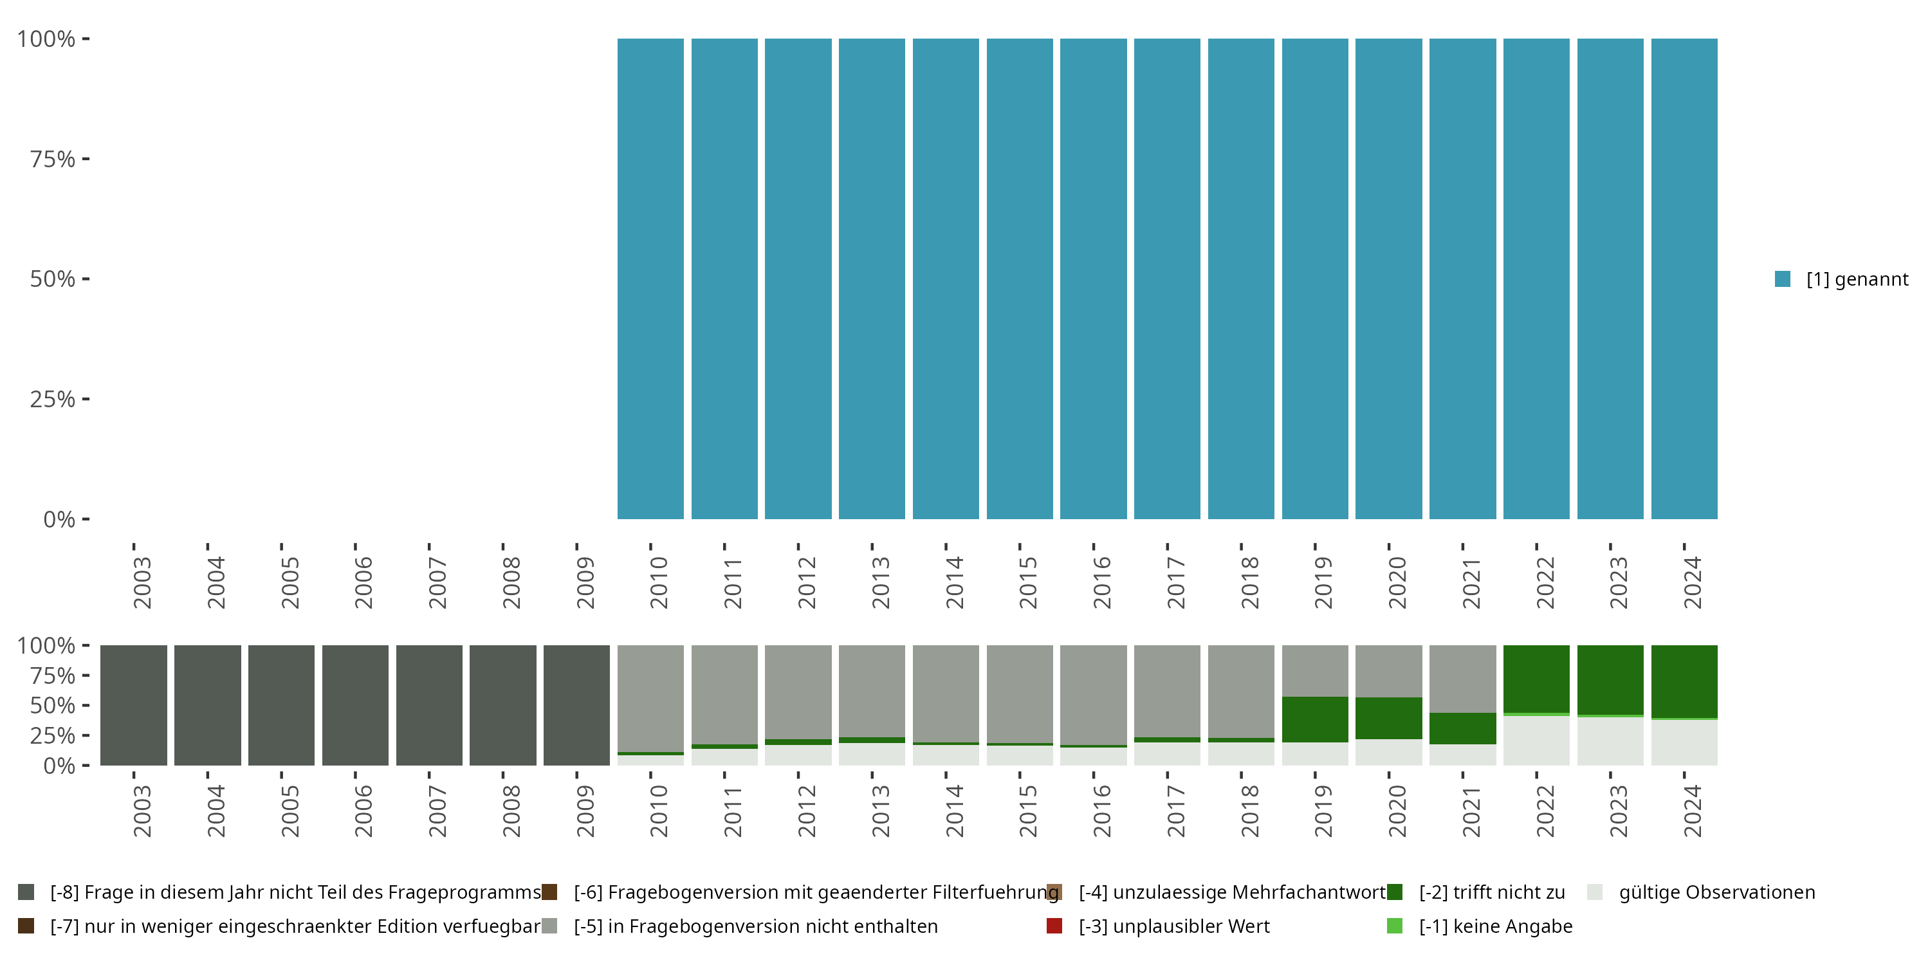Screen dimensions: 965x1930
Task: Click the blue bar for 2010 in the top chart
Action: [650, 279]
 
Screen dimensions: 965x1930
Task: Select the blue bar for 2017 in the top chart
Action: [1166, 279]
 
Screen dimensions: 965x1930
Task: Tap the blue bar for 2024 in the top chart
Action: [1684, 279]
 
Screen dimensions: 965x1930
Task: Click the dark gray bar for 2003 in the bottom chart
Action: [133, 705]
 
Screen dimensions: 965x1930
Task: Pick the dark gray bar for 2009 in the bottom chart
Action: [576, 705]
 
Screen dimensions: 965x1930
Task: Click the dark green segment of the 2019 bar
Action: [1315, 719]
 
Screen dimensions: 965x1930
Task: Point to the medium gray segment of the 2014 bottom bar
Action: [946, 693]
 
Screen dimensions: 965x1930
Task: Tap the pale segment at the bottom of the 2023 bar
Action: [1610, 742]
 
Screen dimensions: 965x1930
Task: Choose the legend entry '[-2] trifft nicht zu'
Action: [1491, 892]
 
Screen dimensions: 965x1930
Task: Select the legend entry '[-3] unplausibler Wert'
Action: [1173, 926]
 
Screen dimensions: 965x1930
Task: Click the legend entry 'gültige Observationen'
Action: [1716, 892]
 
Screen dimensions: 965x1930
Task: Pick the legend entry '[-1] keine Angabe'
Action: [1494, 926]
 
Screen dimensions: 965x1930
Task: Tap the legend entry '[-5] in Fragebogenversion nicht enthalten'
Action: [755, 926]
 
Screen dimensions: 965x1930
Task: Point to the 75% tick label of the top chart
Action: [53, 159]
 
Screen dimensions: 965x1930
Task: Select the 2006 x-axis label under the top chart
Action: [363, 582]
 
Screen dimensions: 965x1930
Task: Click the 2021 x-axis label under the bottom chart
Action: [1471, 811]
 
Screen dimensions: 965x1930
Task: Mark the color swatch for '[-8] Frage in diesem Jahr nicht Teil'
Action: [26, 892]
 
